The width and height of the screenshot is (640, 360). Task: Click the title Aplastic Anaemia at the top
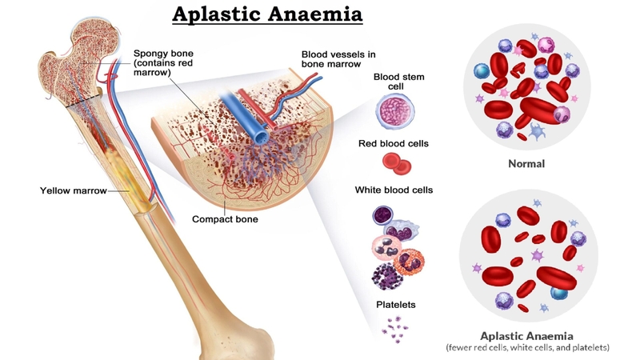click(x=267, y=14)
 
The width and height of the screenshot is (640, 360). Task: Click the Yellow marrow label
click(x=74, y=190)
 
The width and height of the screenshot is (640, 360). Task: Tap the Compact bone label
click(x=225, y=219)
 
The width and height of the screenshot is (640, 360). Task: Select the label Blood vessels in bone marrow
click(x=338, y=59)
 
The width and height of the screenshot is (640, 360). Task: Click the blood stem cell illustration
click(x=394, y=110)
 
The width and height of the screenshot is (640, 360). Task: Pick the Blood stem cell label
click(x=398, y=82)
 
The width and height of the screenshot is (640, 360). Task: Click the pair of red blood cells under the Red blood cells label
click(x=397, y=164)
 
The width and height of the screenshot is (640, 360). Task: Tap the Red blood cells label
click(x=394, y=144)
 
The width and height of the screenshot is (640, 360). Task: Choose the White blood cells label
click(x=394, y=190)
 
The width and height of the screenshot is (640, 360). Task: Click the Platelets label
click(x=396, y=305)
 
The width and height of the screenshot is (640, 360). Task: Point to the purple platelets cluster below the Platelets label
click(x=394, y=329)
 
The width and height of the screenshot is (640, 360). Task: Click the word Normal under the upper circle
click(x=526, y=164)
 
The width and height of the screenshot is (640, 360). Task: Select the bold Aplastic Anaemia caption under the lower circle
click(x=526, y=336)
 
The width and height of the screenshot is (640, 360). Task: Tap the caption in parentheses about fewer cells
click(x=527, y=348)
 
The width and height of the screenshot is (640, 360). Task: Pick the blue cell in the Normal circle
click(x=482, y=71)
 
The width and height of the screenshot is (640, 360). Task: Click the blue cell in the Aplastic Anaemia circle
click(x=558, y=293)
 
